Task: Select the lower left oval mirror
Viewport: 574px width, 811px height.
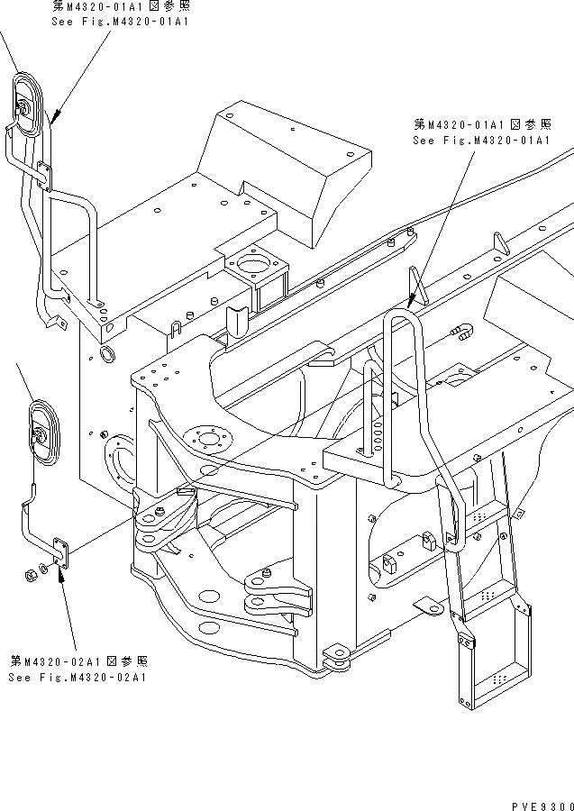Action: click(x=41, y=433)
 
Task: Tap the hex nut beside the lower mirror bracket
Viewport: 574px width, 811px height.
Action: click(x=30, y=572)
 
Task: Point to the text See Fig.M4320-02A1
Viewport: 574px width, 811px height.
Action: click(x=78, y=677)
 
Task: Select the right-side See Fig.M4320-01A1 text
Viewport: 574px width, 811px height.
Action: click(x=480, y=140)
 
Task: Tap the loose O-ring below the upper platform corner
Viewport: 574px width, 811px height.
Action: click(x=105, y=353)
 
